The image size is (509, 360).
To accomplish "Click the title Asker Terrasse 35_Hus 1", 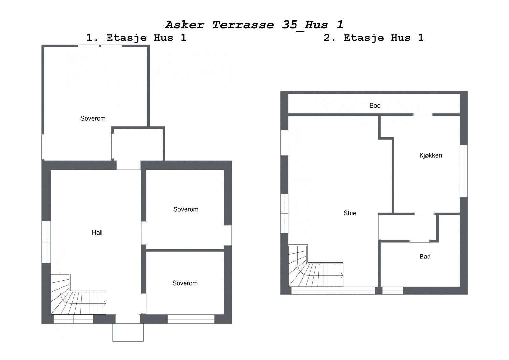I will click(254, 25).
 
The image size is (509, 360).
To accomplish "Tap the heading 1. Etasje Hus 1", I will click(136, 38).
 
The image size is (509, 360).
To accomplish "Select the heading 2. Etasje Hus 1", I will click(373, 38).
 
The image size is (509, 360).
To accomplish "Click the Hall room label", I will click(97, 233).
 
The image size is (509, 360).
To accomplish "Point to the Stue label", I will click(350, 213).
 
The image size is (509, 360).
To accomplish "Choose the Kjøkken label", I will click(430, 155).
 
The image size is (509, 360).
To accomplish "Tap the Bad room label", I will click(425, 257).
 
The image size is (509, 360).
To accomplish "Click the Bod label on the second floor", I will click(375, 106).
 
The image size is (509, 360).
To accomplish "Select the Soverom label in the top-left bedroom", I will click(93, 118).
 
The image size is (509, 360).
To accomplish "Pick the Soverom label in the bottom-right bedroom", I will click(185, 283).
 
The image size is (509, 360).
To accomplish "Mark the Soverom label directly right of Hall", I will click(186, 209).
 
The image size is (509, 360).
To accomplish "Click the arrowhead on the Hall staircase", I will click(105, 304).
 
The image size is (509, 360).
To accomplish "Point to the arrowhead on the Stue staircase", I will click(342, 275).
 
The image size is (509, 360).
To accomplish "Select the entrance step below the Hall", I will click(128, 333).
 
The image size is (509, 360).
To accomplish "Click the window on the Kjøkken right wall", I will click(464, 171).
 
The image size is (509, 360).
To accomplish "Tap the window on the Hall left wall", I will click(46, 242).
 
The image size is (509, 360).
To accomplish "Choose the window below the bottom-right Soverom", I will click(191, 319).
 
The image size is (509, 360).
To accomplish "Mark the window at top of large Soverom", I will click(100, 46).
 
